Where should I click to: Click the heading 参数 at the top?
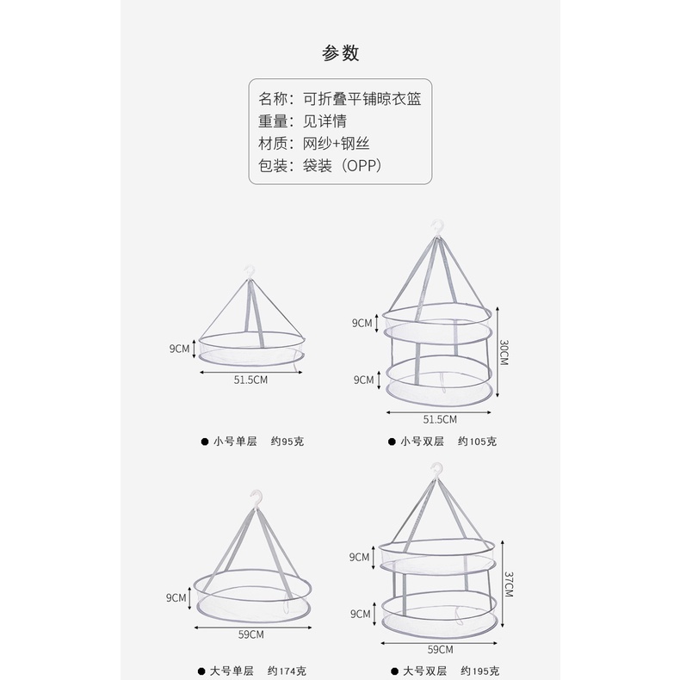coord(340,53)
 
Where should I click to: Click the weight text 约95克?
coord(287,442)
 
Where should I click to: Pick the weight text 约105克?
coord(477,442)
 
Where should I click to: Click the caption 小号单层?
coord(235,442)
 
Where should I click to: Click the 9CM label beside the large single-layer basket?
coord(177,597)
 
